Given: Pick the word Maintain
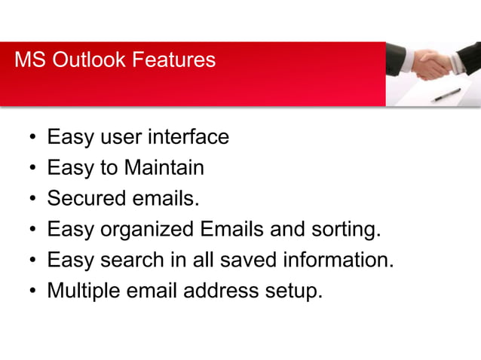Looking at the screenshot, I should [x=164, y=167].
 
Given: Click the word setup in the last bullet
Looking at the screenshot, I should [x=296, y=291].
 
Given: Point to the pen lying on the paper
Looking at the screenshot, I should [x=446, y=94].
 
